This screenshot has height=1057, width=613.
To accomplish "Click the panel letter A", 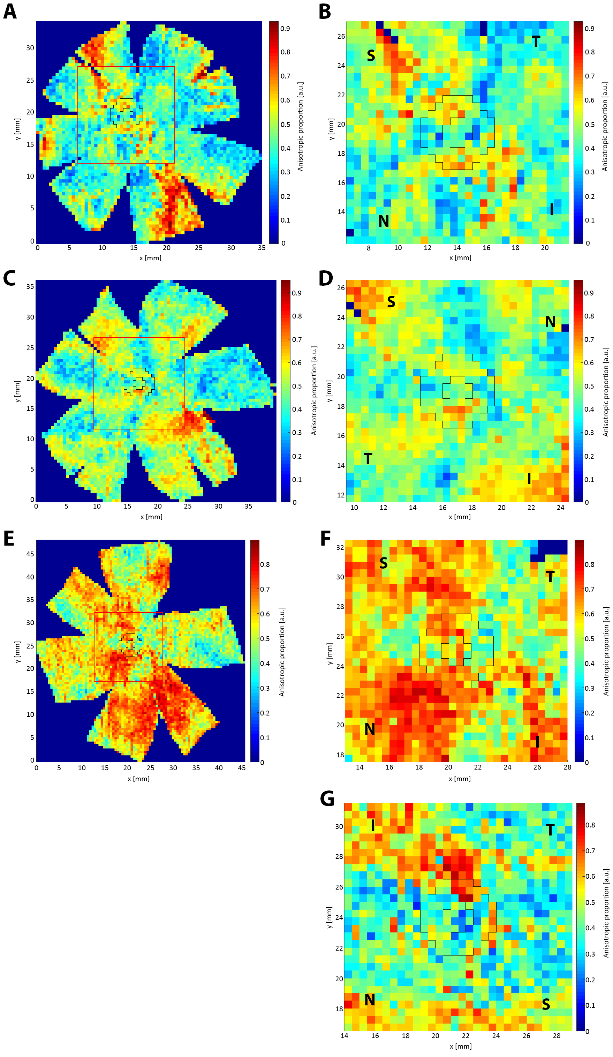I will (10, 11).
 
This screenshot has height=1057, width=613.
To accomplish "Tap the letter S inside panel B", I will (371, 56).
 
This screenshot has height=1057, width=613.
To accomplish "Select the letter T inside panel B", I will (536, 42).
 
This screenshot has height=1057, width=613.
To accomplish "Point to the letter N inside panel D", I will (550, 322).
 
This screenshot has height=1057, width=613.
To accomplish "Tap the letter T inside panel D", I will (368, 459).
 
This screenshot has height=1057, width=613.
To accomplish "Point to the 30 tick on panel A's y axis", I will (30, 48).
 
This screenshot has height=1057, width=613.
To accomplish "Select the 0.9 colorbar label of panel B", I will (590, 29).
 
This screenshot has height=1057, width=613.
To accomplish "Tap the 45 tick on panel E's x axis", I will (242, 768).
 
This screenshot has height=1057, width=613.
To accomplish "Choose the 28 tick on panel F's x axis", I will (567, 767).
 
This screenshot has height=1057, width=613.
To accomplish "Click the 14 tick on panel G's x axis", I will (344, 1036).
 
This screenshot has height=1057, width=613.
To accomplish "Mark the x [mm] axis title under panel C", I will (151, 517).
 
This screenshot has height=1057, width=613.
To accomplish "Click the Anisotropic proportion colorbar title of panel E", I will (282, 651).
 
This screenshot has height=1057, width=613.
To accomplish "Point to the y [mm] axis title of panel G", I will (329, 917).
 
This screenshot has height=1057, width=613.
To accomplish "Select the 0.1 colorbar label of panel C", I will (297, 479).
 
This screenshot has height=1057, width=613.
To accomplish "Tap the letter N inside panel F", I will (369, 729).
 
